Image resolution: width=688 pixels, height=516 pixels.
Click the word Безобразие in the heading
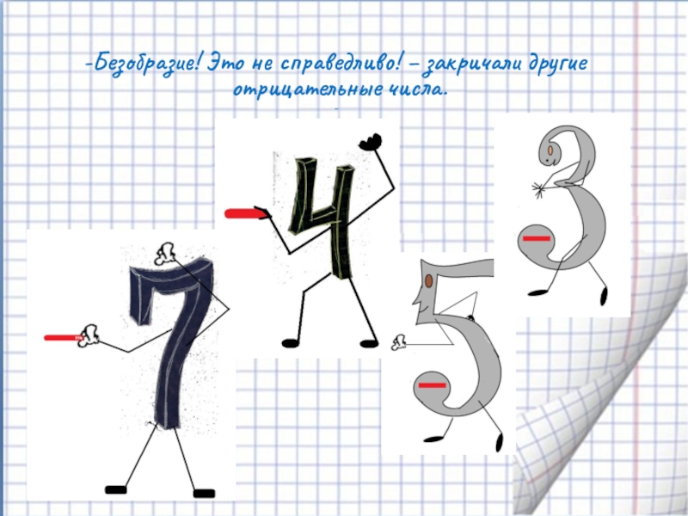point(144,64)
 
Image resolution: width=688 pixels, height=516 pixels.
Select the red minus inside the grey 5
point(433,385)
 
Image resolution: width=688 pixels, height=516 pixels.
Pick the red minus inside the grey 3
point(536,239)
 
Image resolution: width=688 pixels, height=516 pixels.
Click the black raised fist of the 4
point(371,142)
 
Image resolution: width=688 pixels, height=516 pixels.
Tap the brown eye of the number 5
point(428,281)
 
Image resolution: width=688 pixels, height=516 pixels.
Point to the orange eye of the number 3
point(550,150)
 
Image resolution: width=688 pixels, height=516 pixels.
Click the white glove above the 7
point(165,254)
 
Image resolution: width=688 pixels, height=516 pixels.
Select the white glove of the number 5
point(399,342)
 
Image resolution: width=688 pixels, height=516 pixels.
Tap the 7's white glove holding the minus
point(89,336)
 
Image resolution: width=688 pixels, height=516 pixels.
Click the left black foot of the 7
point(116,489)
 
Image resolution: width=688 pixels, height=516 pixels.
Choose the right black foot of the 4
point(369,343)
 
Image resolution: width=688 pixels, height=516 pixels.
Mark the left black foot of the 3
point(537,292)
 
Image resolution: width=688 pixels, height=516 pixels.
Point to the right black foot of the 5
point(500,442)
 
